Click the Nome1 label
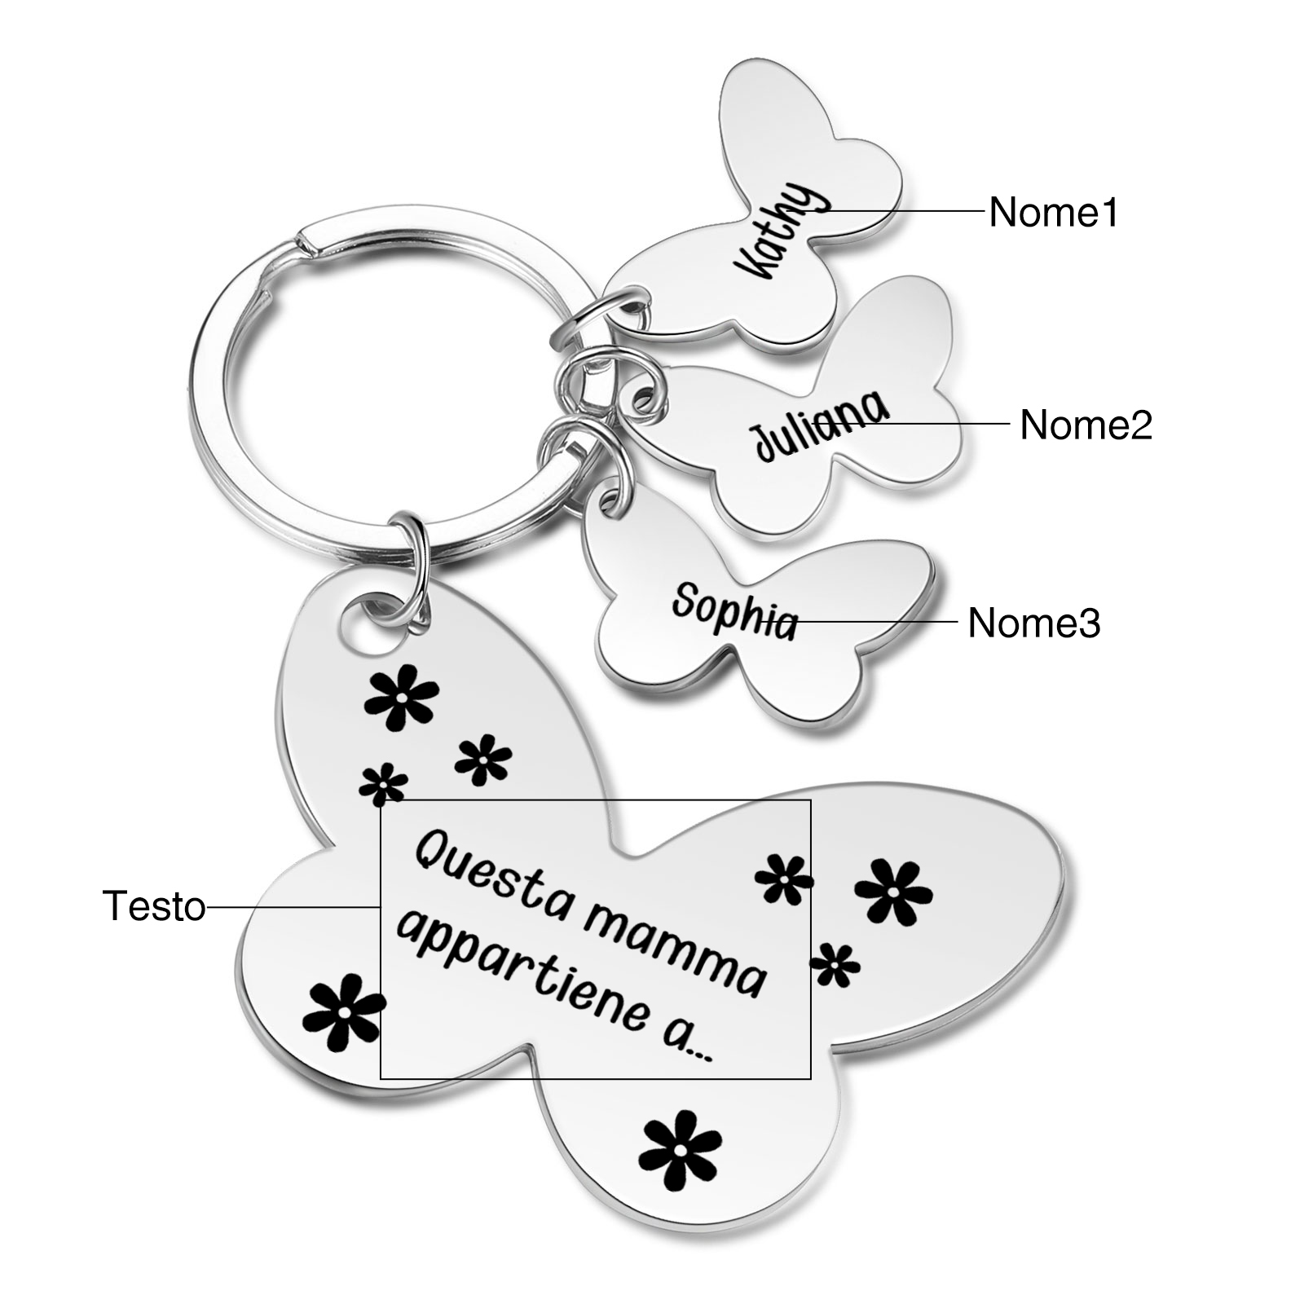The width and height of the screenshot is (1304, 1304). click(1053, 213)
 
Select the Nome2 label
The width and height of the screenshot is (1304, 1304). click(1086, 425)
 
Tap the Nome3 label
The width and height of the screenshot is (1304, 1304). click(1033, 623)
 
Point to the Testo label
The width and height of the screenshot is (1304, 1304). click(154, 906)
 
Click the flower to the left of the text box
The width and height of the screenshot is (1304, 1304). click(342, 1013)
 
